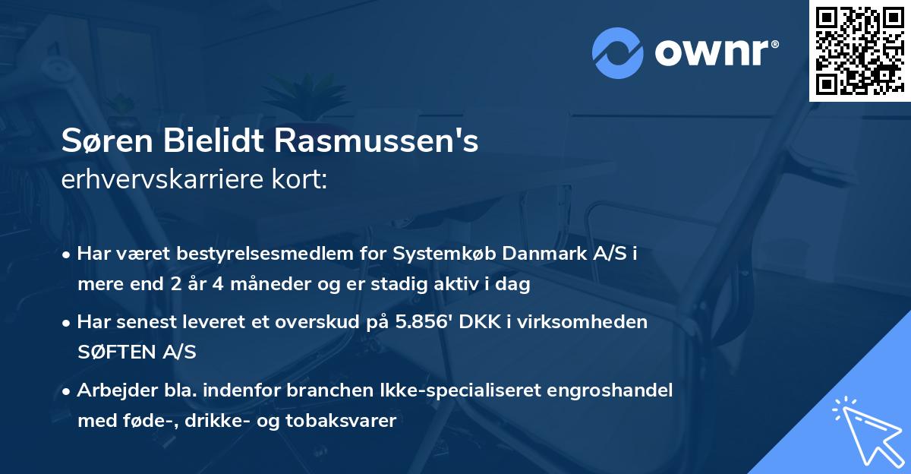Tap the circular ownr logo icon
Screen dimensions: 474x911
pyautogui.click(x=618, y=53)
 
